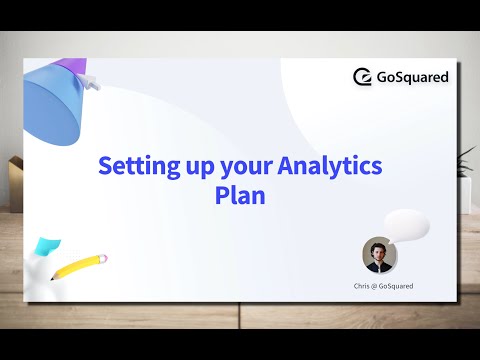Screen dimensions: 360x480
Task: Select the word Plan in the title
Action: (240, 194)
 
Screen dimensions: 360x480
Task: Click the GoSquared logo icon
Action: (364, 77)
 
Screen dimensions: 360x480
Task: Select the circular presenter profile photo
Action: (380, 255)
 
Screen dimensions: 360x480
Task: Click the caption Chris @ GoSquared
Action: (383, 286)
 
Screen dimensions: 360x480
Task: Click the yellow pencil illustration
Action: (78, 267)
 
